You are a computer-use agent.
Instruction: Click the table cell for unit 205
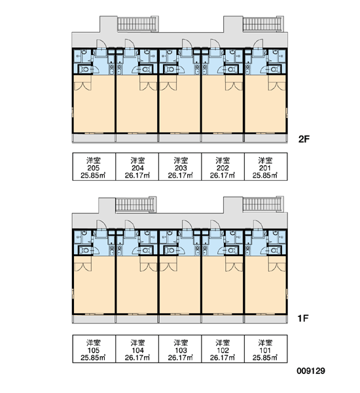click(94, 166)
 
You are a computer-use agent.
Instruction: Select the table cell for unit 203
click(180, 166)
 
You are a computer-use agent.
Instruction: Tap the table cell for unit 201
click(266, 166)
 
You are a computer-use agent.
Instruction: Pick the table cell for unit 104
click(137, 349)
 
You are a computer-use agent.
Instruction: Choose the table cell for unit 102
click(223, 349)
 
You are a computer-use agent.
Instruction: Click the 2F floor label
click(304, 139)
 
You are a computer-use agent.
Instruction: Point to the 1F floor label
click(303, 318)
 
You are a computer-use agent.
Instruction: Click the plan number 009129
click(311, 371)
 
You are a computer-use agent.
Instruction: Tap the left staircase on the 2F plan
click(137, 24)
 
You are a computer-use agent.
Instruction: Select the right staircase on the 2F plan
click(263, 24)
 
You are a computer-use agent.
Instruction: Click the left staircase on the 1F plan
click(135, 204)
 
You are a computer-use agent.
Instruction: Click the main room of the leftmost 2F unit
click(94, 103)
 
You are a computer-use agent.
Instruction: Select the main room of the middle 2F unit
click(180, 103)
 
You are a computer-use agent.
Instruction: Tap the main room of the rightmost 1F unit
click(265, 285)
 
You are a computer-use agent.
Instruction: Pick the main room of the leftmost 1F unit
click(94, 285)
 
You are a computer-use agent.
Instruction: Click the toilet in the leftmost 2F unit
click(85, 69)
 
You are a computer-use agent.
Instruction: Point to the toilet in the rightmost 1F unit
click(274, 250)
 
